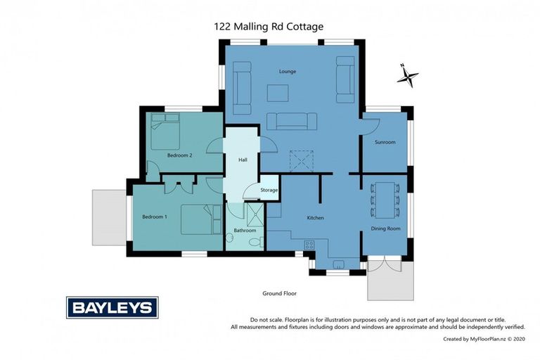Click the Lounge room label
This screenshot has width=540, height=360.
pos(287,71)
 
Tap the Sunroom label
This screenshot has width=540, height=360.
pos(385,142)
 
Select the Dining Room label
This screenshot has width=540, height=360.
pos(385,229)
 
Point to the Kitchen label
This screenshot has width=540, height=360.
pos(315,218)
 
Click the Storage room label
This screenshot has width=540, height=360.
pos(269,190)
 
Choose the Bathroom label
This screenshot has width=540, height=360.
pos(245,231)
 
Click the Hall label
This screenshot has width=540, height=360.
pos(243,160)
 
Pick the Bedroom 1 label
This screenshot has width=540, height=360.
pos(155,217)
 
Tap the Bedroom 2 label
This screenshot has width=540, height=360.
pos(180,155)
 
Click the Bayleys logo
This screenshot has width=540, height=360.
pos(112,307)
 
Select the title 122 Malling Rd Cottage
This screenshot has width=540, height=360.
pos(269,27)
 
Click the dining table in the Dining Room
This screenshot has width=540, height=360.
pos(385,200)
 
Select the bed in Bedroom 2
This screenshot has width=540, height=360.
pos(167,132)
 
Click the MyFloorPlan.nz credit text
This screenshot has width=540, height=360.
pos(484,339)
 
